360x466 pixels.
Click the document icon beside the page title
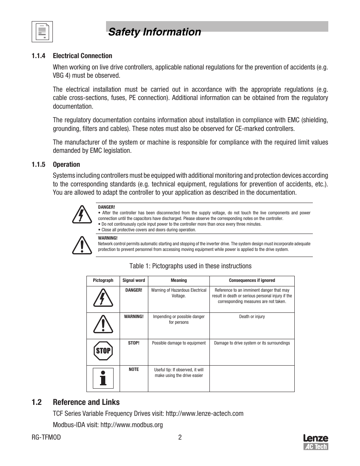42,32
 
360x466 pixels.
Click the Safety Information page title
154,32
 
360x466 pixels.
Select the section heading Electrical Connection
82,56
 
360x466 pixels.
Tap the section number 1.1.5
38,165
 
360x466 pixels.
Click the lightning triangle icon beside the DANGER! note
82,214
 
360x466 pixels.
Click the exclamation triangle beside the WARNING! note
82,245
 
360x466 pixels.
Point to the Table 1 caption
190,266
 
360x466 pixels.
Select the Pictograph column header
103,280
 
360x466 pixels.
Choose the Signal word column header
134,280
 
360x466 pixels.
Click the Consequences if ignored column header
252,280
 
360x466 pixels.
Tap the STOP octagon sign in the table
103,351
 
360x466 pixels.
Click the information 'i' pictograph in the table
103,377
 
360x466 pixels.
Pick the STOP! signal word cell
134,343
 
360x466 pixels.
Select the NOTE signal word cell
134,369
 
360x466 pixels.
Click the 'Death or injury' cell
252,317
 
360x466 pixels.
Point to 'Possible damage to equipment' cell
178,343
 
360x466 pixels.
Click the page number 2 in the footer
180,437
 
